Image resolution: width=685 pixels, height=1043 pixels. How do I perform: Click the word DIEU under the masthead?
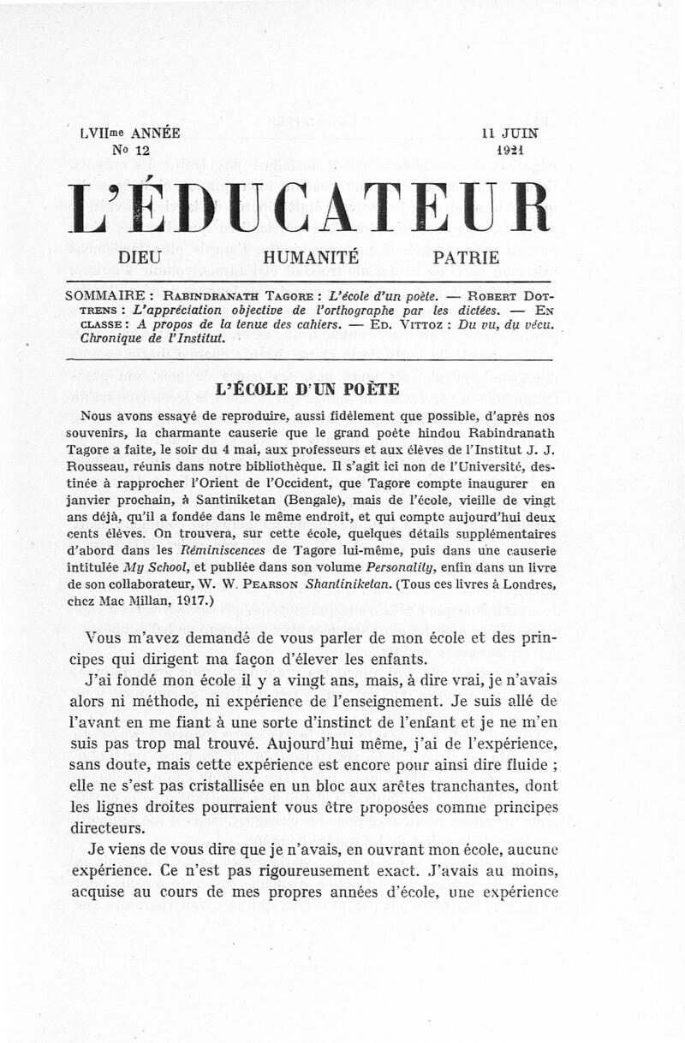140,256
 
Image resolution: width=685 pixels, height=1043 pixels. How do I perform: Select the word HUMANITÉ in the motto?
312,256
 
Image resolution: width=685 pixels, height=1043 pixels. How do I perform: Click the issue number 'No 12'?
97,149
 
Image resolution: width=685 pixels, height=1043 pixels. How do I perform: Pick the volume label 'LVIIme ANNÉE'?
129,133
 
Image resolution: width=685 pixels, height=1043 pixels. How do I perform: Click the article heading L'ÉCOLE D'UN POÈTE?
308,388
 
